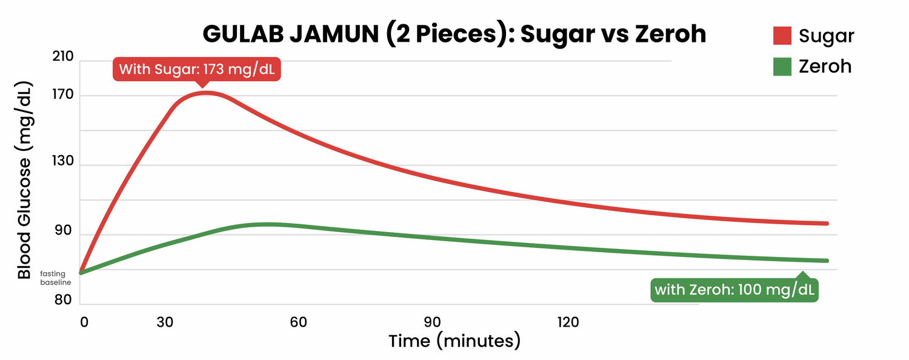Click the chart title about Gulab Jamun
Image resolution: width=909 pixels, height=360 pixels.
point(454,34)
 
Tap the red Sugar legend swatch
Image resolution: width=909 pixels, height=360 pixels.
point(782,36)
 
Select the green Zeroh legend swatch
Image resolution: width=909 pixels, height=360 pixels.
point(782,66)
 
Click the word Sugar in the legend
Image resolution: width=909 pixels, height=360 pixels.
point(826,36)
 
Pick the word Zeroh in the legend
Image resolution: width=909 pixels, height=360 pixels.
point(825,66)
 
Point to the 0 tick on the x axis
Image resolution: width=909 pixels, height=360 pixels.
point(84,322)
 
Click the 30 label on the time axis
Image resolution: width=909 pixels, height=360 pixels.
point(165,322)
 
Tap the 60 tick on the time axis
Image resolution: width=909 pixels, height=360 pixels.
point(298,322)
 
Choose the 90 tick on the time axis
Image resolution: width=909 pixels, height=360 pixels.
point(431,322)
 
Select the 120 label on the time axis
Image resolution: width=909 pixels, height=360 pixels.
point(568,322)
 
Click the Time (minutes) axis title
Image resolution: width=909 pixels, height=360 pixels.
point(454,341)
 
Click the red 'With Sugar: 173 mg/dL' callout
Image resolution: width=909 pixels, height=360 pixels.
point(197,69)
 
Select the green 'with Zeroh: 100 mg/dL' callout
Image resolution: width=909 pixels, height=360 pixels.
point(735,290)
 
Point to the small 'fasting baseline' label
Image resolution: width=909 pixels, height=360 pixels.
point(53,278)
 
